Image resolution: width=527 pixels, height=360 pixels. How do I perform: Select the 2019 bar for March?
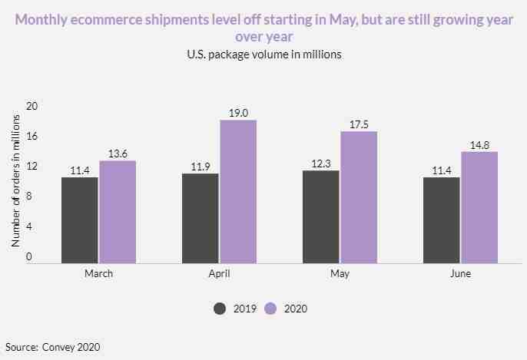coord(80,220)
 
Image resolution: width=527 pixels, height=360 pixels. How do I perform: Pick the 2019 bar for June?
coord(442,220)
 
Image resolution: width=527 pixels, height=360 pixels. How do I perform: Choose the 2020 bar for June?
coord(480,207)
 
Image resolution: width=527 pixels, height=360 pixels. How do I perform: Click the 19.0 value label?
coord(238,113)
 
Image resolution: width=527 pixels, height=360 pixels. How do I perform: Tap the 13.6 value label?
coord(118,154)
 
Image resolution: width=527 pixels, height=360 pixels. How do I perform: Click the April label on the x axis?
coord(219,274)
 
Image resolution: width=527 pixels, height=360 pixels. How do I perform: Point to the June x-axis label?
coord(461,274)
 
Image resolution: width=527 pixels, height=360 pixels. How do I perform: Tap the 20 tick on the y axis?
coord(31,106)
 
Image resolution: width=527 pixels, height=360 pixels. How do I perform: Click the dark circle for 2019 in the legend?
coord(220,308)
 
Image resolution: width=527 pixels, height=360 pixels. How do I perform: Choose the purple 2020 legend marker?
coord(270,308)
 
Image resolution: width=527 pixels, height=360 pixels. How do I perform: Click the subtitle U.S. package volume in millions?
coord(263,54)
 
